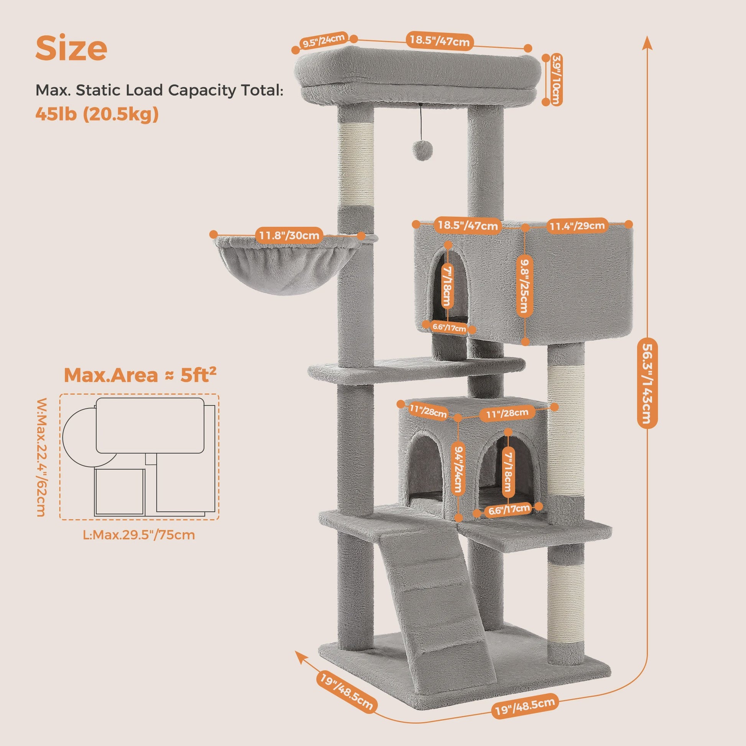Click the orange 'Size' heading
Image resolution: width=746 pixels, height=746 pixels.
71,48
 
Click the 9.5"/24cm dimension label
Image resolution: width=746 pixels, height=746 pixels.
324,41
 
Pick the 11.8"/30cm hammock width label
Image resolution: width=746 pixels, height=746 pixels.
289,235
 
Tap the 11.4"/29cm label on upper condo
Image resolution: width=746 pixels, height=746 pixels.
577,225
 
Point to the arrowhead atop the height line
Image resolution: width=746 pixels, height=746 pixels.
647,43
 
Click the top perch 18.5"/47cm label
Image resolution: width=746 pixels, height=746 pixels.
439,41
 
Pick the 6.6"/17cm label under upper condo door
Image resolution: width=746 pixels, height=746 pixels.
449,327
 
